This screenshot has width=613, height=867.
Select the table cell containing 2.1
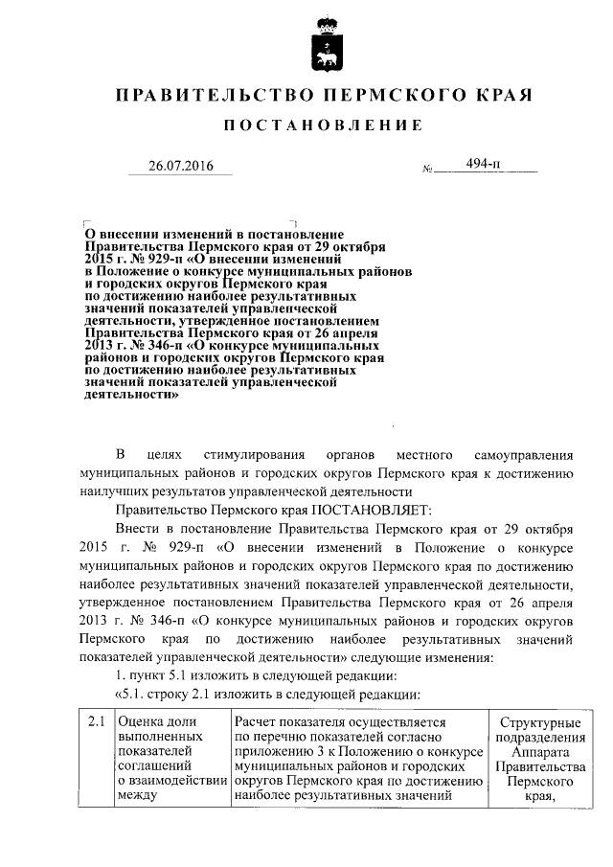(x=95, y=720)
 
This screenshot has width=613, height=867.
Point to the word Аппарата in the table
(x=540, y=751)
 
